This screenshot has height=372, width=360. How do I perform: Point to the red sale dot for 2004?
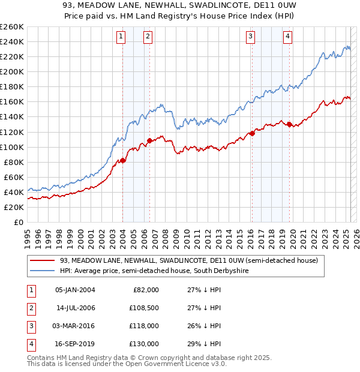click(x=122, y=160)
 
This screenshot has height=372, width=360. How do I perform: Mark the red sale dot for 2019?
click(x=289, y=124)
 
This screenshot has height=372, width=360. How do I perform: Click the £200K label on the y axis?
click(x=12, y=71)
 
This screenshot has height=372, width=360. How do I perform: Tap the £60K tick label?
click(x=14, y=177)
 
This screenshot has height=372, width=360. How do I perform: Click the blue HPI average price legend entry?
click(x=154, y=271)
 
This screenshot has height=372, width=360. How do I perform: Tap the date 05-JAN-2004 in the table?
click(x=75, y=290)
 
